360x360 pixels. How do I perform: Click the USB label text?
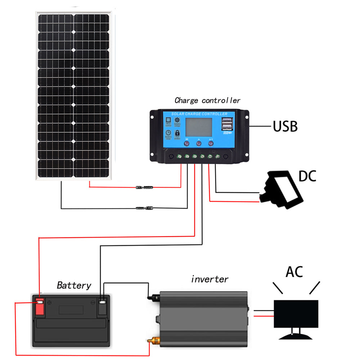tap(285, 126)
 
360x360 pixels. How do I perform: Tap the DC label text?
tap(307, 176)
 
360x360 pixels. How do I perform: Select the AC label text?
tap(294, 272)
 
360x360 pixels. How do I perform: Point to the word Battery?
tap(74, 285)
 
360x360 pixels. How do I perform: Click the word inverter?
tap(210, 279)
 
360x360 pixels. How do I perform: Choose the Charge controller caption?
tap(207, 100)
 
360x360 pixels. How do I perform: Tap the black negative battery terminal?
tap(103, 306)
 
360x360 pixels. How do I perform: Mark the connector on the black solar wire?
tap(144, 208)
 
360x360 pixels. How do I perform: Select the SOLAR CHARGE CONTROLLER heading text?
tap(199, 114)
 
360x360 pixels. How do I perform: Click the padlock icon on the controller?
tap(177, 134)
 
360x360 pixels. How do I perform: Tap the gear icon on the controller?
tap(177, 120)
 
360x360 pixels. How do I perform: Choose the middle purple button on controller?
tap(199, 144)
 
